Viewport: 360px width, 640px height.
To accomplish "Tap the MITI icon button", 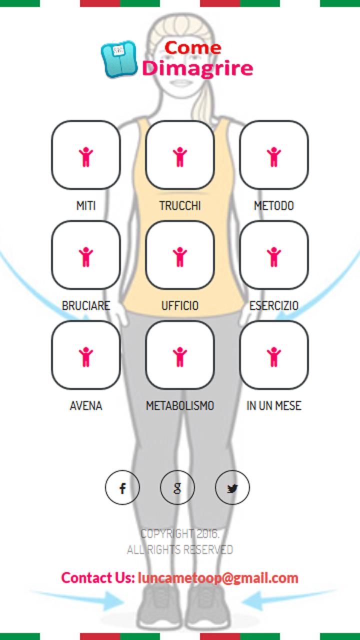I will pos(86,155).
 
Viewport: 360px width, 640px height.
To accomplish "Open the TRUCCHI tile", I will pos(180,155).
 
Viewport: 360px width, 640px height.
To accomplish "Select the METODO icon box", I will pos(274,155).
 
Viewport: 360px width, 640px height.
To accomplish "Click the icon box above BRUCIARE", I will pos(86,255).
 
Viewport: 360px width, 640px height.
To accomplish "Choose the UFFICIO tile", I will pos(180,255).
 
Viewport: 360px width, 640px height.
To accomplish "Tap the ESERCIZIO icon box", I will pos(274,255).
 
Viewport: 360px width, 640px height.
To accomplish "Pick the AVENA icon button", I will pos(86,355).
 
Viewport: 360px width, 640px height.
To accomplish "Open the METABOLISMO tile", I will pos(180,355).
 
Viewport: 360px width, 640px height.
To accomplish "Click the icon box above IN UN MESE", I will pos(274,355).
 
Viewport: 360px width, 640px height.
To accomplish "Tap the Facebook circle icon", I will pos(122,487).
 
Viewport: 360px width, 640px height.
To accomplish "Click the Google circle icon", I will pos(177,487).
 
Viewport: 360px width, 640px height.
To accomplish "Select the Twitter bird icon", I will pos(232,487).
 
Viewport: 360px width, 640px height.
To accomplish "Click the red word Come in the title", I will pos(193,48).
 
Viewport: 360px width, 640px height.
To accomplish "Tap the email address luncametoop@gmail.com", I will pos(218,578).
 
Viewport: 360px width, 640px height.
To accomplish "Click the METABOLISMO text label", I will pos(180,405).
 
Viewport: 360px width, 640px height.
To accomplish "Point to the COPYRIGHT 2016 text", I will pos(180,534).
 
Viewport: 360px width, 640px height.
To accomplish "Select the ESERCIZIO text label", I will pos(274,305).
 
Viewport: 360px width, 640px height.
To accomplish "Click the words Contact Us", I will pos(98,578).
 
